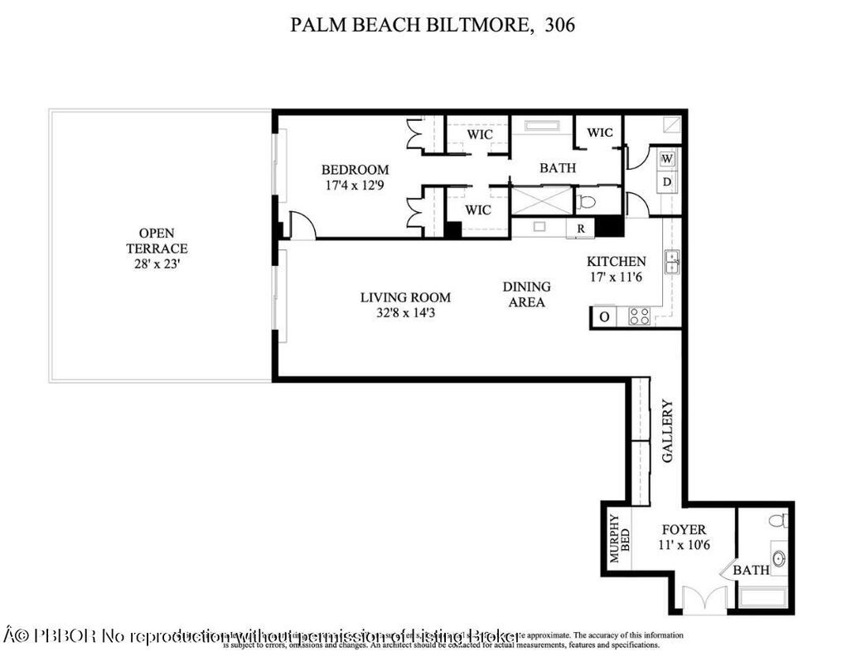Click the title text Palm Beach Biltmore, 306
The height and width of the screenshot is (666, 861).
(432, 25)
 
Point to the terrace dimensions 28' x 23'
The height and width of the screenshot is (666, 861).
(157, 263)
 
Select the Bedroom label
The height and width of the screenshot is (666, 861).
(355, 170)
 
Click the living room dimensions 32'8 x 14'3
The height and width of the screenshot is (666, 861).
(405, 313)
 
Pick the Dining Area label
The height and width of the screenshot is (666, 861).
(526, 294)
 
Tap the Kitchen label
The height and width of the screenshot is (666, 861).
(616, 261)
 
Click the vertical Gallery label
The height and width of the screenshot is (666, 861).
(667, 431)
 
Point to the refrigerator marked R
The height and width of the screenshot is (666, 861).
(581, 228)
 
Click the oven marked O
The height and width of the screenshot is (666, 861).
(604, 316)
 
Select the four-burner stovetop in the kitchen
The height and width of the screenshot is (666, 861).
(639, 316)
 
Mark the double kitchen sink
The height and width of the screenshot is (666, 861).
(673, 260)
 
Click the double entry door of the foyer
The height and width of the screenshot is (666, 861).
(704, 601)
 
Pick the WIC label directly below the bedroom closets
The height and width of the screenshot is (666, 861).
(478, 210)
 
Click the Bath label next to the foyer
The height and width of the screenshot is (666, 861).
(752, 570)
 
